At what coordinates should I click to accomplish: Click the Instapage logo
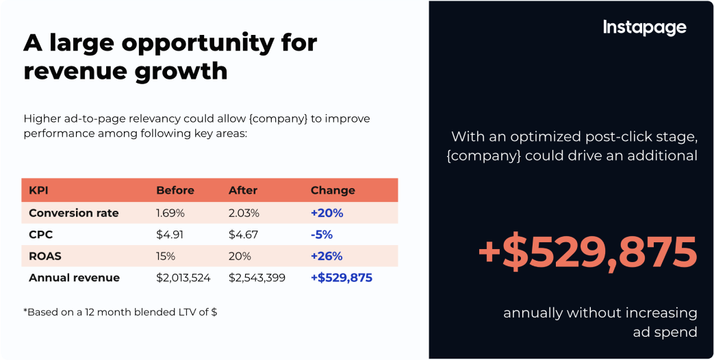coord(644,27)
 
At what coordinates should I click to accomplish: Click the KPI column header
coord(38,190)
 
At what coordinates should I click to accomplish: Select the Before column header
coord(175,190)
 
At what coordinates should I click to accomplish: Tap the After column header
coord(243,190)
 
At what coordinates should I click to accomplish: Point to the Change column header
coord(333,190)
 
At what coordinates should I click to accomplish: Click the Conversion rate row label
coord(74,213)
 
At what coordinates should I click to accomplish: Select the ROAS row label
coord(44,256)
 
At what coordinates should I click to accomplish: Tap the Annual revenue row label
coord(74,278)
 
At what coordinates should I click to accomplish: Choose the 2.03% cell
coord(244,213)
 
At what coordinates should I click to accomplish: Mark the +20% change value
coord(327,213)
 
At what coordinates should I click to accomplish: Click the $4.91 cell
coord(169,235)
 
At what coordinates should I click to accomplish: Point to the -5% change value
coord(322,235)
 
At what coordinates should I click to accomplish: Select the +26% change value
coord(327,256)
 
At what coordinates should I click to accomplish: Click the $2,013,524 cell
coord(183,278)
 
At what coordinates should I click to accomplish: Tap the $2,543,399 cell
coord(257,278)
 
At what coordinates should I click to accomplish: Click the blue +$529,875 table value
coord(342,278)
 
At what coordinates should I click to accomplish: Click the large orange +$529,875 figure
coord(588,252)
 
